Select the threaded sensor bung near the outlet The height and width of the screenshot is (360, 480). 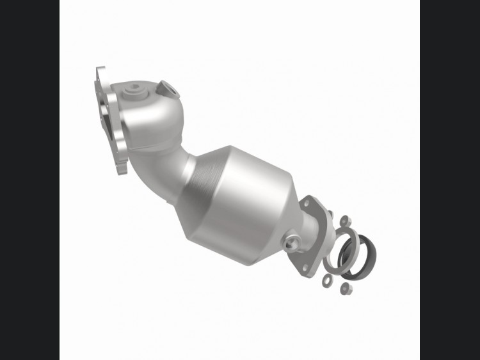[x=291, y=243]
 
